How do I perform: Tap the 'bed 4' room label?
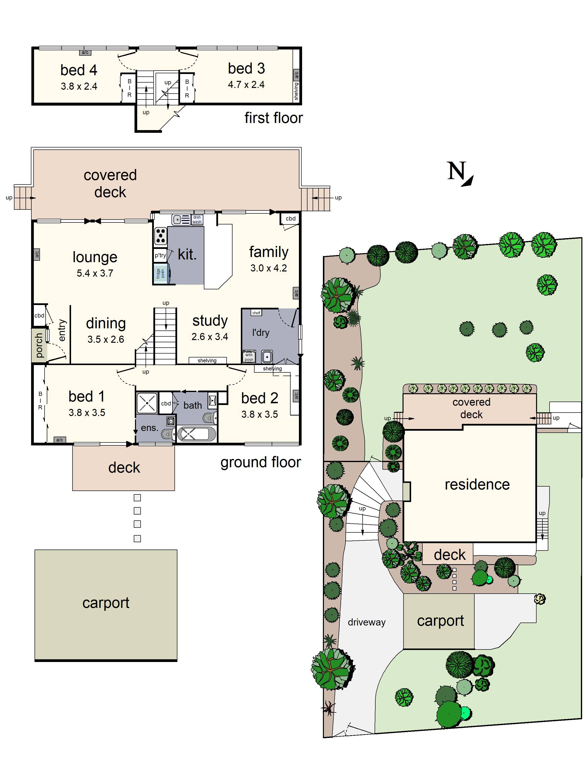[78, 70]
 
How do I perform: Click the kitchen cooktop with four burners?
[160, 236]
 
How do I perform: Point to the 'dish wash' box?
[197, 219]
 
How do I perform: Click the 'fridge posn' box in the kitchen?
[160, 273]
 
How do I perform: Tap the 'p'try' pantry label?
[160, 255]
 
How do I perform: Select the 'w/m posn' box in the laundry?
[249, 357]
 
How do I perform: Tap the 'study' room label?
[210, 320]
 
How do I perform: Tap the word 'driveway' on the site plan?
[367, 622]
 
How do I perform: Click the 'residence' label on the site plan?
[477, 485]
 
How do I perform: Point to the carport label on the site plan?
[440, 621]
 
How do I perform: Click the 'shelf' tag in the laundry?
[256, 313]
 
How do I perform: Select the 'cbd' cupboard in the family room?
[290, 218]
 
